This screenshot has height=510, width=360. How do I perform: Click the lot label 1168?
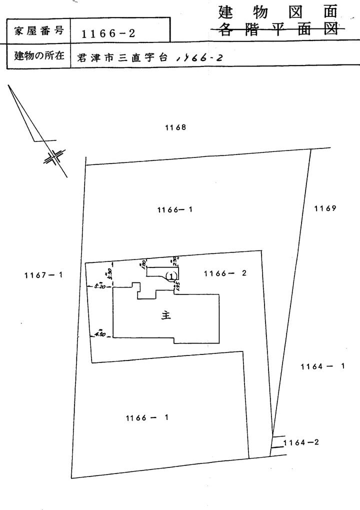pyautogui.click(x=175, y=127)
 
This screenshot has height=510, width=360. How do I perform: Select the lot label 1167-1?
pyautogui.click(x=43, y=274)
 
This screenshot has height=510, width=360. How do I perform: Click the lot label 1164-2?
pyautogui.click(x=301, y=442)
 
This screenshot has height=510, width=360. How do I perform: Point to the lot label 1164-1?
pyautogui.click(x=323, y=366)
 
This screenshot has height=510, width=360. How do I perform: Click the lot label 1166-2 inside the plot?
pyautogui.click(x=225, y=273)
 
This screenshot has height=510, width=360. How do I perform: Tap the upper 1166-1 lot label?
pyautogui.click(x=175, y=210)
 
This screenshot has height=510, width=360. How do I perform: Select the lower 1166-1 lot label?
pyautogui.click(x=146, y=417)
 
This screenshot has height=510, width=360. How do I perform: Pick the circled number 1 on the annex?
pyautogui.click(x=171, y=275)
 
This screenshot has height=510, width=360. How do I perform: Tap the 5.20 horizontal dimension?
pyautogui.click(x=98, y=286)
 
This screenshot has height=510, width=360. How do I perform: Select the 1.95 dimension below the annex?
pyautogui.click(x=177, y=285)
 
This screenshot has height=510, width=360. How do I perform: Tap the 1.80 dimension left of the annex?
pyautogui.click(x=143, y=263)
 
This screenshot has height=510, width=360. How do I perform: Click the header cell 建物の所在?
pyautogui.click(x=39, y=56)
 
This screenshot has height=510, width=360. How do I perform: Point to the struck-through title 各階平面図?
pyautogui.click(x=276, y=29)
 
